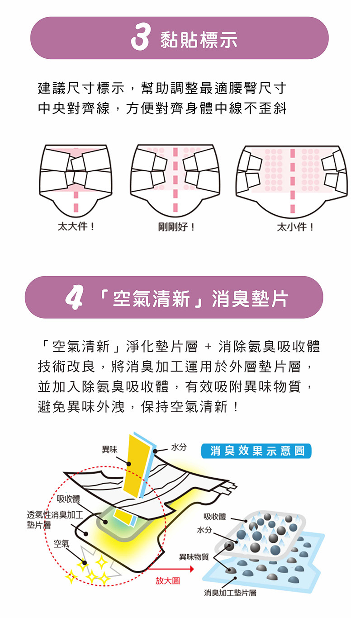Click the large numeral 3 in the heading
(x=140, y=38)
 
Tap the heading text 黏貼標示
(x=199, y=40)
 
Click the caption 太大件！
(x=76, y=226)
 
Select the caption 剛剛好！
(x=176, y=227)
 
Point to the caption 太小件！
(x=295, y=227)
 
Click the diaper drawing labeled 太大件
(x=76, y=179)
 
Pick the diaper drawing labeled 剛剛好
(x=175, y=179)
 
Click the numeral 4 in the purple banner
(x=74, y=297)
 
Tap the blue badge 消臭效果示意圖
(x=256, y=451)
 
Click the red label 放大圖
(x=167, y=581)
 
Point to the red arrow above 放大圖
(x=171, y=569)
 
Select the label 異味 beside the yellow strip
(x=109, y=450)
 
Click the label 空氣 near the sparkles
(x=62, y=543)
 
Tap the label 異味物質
(x=194, y=556)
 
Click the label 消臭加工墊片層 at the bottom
(x=230, y=593)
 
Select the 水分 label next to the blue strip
(x=179, y=447)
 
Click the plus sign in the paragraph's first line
(x=208, y=347)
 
